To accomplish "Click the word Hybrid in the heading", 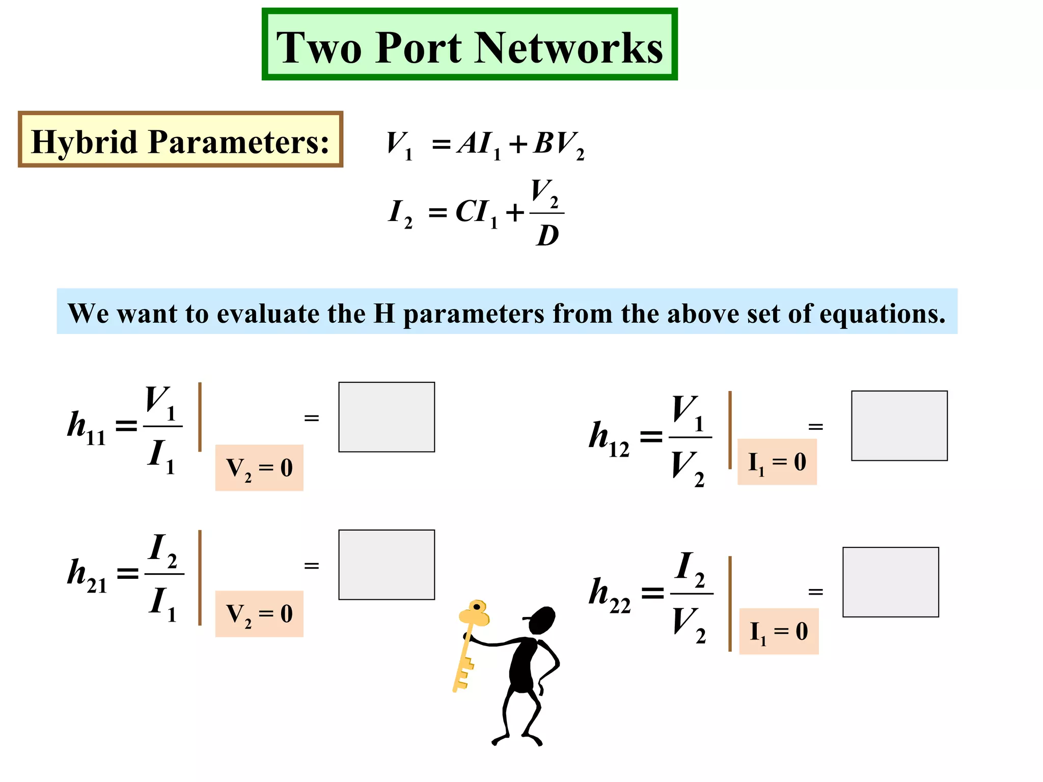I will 85,142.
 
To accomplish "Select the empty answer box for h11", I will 387,417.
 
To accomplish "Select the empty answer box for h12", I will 899,426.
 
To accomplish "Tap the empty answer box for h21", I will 387,565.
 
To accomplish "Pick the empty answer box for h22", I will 891,582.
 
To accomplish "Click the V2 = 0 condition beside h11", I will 259,467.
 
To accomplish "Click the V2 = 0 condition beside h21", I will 259,613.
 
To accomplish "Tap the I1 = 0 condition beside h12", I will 777,462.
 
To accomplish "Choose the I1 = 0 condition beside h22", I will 779,631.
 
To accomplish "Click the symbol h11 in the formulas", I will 87,428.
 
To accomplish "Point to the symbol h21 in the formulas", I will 87,575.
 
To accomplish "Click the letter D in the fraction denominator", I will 547,236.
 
